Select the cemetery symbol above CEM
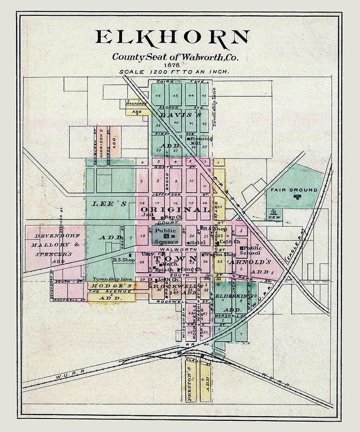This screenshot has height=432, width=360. pyautogui.click(x=273, y=212)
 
